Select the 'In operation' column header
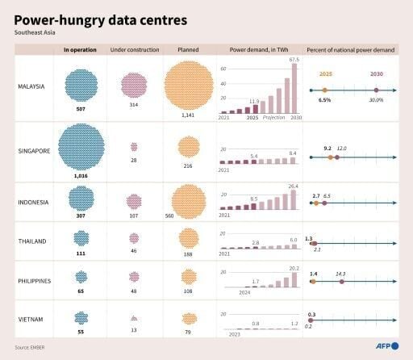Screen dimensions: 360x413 (81, 50)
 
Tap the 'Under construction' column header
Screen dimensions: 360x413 (134, 50)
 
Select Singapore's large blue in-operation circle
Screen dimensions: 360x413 (81, 146)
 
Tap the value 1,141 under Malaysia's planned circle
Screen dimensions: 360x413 (189, 115)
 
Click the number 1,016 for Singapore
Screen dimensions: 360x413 (81, 175)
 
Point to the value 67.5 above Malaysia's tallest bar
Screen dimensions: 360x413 (294, 59)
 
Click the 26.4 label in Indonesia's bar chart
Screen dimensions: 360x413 (293, 186)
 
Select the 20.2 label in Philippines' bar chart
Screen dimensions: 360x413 (294, 268)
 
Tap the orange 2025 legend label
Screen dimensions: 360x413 (325, 73)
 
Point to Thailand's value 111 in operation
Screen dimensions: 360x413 (81, 253)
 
